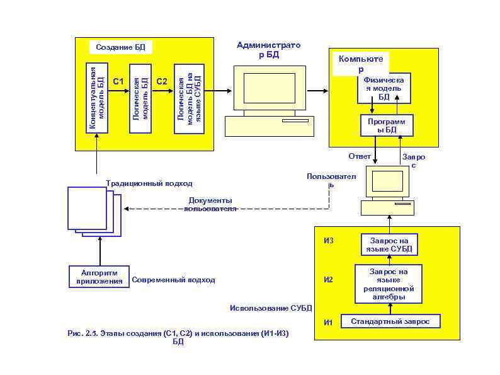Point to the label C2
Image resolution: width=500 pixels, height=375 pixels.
pyautogui.click(x=162, y=81)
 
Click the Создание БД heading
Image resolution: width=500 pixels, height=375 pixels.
pyautogui.click(x=120, y=47)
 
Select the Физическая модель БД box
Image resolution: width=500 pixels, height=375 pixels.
pyautogui.click(x=384, y=88)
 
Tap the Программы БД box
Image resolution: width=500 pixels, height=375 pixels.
pyautogui.click(x=387, y=125)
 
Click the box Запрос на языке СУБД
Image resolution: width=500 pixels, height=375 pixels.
pyautogui.click(x=390, y=245)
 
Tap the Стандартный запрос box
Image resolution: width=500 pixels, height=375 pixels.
pyautogui.click(x=390, y=321)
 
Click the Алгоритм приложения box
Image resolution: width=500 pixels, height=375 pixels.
pyautogui.click(x=97, y=277)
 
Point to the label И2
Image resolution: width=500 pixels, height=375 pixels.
pyautogui.click(x=328, y=280)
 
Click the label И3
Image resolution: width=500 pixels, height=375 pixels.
pyautogui.click(x=328, y=241)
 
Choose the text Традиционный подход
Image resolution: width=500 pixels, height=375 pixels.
pyautogui.click(x=150, y=183)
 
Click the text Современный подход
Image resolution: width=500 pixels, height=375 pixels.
pyautogui.click(x=174, y=280)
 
